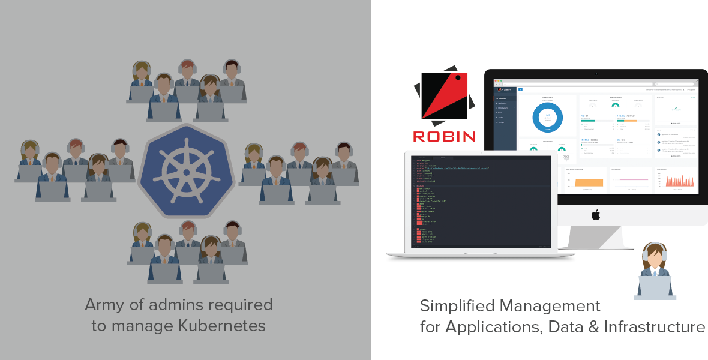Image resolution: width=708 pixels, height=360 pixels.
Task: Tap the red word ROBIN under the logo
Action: coord(444,136)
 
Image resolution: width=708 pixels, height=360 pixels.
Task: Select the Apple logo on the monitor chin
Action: coord(596,214)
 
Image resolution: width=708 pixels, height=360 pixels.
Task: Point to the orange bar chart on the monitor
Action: coord(584,182)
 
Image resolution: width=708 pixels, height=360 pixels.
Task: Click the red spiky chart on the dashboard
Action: coord(677,181)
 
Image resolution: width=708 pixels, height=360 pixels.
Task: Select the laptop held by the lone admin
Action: coord(655,286)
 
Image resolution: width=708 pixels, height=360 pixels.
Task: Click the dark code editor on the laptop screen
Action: coord(480,201)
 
